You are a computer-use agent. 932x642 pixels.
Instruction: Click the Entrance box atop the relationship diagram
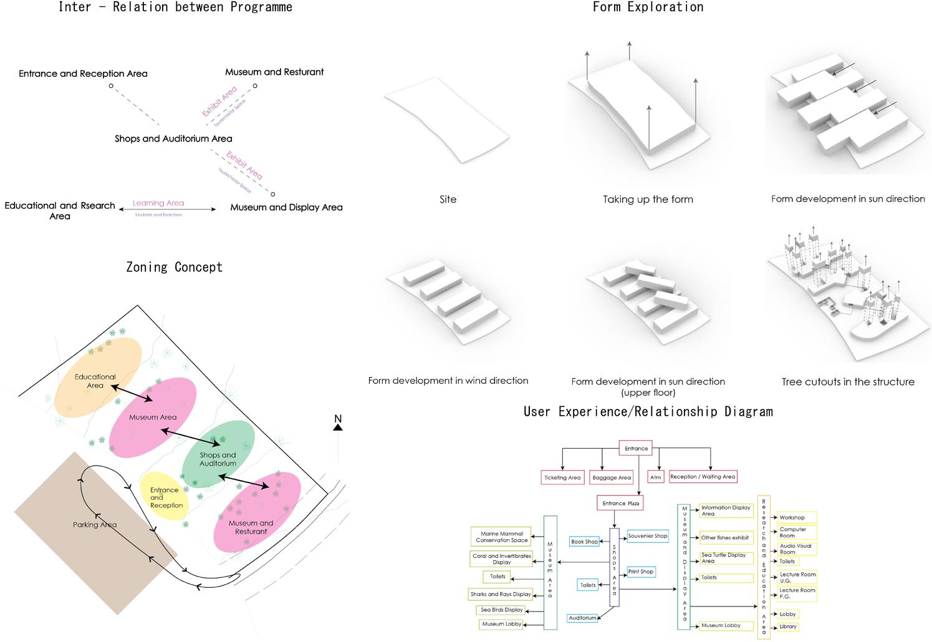[x=636, y=448]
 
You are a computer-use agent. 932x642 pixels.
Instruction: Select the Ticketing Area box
[x=562, y=477]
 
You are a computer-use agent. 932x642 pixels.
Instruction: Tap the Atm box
[x=655, y=477]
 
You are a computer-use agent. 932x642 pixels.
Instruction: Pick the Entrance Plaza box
[x=620, y=503]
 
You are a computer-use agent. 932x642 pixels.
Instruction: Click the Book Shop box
[x=585, y=542]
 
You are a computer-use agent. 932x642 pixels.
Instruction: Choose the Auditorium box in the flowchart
[x=582, y=618]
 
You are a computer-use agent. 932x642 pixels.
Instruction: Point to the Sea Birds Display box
[x=502, y=610]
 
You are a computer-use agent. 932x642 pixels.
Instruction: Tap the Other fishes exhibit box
[x=726, y=537]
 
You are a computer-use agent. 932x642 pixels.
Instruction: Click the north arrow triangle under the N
[x=338, y=428]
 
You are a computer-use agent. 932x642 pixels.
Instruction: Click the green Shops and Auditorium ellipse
[x=218, y=457]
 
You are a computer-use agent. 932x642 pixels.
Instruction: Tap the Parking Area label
[x=95, y=525]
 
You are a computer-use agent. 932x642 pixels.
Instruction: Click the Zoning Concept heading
[x=174, y=267]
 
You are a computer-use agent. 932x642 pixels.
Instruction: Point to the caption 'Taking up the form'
[x=648, y=199]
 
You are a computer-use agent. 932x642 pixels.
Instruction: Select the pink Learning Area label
[x=158, y=203]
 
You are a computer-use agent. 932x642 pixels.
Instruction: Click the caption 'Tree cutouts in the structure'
[x=848, y=381]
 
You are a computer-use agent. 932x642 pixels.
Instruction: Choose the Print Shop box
[x=641, y=572]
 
